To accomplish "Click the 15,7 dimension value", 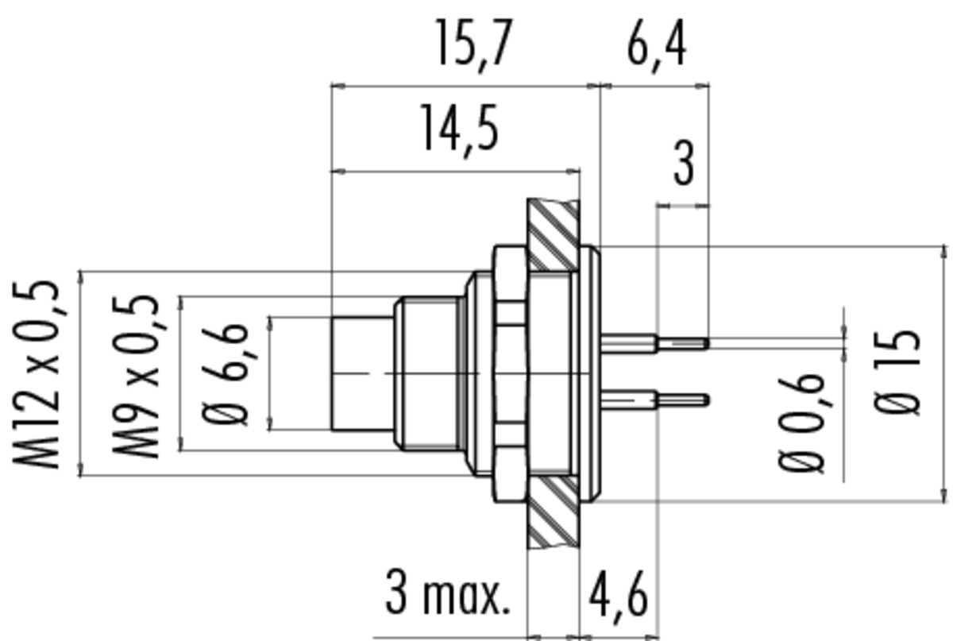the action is pos(474,45).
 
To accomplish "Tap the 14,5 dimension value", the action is pos(459,130).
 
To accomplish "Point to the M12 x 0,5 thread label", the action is pos(37,373).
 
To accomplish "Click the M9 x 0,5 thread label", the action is pos(136,376).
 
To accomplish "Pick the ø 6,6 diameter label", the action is pos(225,375).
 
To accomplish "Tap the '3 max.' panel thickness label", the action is pos(447,593).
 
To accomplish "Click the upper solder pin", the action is pos(654,343).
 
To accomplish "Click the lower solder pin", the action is pos(654,400).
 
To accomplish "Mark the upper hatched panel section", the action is pos(553,235).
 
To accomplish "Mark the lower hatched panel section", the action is pos(553,512).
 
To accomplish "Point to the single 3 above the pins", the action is pos(684,164).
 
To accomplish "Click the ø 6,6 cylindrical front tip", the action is pos(362,373).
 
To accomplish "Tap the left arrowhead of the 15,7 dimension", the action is pos(338,87).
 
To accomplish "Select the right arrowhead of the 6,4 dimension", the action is pos(702,87).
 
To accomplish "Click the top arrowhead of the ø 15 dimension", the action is pos(944,252).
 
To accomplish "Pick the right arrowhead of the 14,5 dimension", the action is pos(573,172).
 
